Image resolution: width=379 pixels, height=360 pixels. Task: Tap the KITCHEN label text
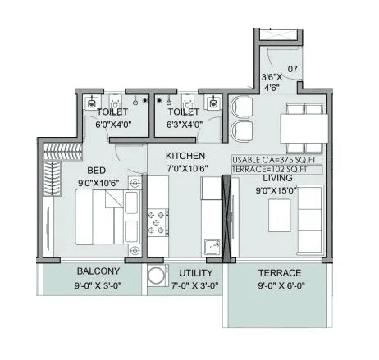click(x=185, y=156)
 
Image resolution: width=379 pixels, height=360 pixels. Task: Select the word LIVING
click(x=277, y=178)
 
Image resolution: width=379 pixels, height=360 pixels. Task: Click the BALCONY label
click(x=98, y=271)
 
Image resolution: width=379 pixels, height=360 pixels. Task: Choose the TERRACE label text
click(x=277, y=272)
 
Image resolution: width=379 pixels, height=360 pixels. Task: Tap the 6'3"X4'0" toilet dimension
click(x=185, y=125)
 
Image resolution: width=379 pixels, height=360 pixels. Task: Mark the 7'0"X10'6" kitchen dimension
click(x=185, y=168)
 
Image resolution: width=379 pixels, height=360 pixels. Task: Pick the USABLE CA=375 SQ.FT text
click(x=276, y=160)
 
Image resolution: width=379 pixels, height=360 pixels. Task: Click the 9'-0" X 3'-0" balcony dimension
click(x=98, y=285)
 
